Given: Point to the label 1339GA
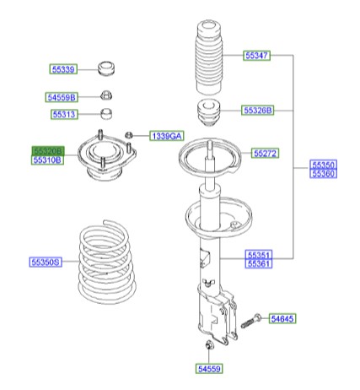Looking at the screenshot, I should tap(166, 135).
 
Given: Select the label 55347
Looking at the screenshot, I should tap(257, 56).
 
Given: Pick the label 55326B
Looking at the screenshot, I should tap(258, 110).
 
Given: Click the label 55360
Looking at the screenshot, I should tap(322, 174).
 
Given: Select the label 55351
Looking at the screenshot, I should tap(259, 253).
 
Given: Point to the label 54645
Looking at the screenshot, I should tap(283, 318).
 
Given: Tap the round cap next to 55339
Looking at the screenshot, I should tap(106, 67).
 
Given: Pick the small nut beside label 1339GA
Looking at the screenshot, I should tap(128, 135).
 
